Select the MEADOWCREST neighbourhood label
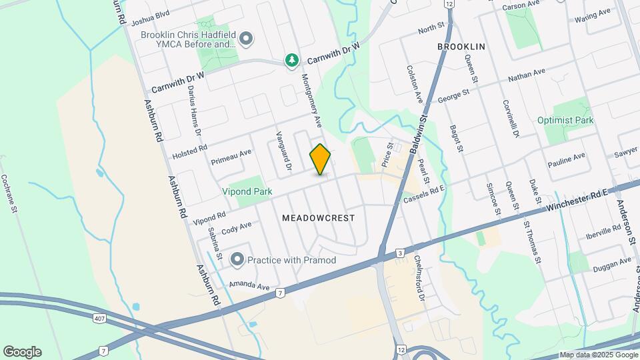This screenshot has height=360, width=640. (x=318, y=218)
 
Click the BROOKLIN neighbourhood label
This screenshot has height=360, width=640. (x=461, y=47)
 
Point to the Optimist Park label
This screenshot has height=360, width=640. (x=565, y=120)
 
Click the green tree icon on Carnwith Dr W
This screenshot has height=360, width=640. (x=291, y=61)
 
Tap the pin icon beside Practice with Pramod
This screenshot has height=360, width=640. (x=237, y=259)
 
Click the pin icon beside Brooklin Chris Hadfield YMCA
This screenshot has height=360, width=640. (x=246, y=39)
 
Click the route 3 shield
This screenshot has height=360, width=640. (x=399, y=253)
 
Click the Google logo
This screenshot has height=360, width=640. (x=22, y=352)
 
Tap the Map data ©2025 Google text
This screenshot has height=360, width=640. (x=598, y=355)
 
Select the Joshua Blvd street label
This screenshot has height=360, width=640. (x=151, y=13)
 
